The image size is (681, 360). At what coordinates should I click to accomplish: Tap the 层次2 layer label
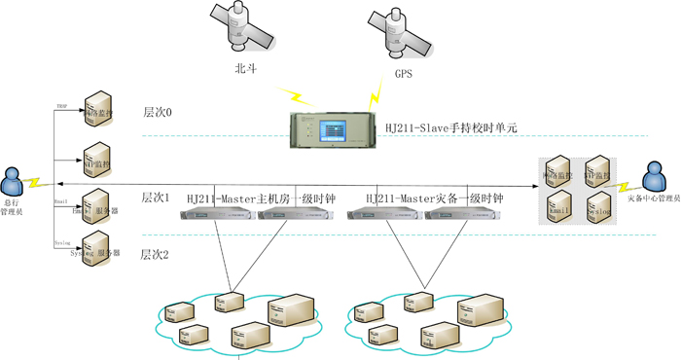[155, 255]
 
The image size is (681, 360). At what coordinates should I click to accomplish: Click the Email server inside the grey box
[559, 206]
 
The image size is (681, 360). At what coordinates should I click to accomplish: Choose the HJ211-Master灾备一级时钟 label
[434, 198]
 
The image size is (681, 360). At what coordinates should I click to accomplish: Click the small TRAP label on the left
[61, 104]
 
